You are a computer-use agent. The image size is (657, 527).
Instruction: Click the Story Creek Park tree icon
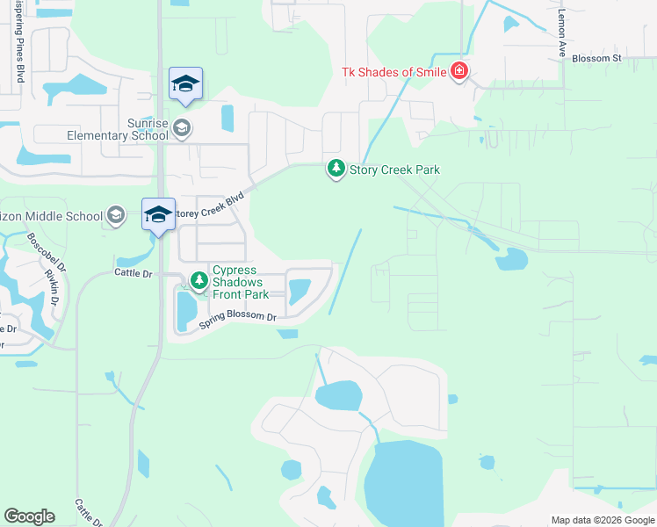[336, 169]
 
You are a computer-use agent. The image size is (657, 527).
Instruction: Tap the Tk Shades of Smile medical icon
[458, 71]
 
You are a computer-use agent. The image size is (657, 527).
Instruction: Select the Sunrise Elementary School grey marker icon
[182, 128]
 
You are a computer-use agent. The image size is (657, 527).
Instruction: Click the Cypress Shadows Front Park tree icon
[199, 281]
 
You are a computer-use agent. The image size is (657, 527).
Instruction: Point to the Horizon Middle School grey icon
[116, 215]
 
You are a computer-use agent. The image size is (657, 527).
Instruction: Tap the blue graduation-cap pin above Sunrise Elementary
[185, 84]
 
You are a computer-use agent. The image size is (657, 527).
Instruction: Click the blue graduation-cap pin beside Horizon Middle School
[158, 215]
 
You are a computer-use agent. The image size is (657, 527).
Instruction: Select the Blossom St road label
[596, 59]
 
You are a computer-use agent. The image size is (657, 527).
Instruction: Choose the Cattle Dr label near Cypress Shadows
[134, 274]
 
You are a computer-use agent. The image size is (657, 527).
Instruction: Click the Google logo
[29, 516]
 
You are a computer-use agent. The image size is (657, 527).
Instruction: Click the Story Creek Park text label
[394, 170]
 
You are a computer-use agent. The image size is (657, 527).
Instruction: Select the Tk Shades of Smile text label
[395, 71]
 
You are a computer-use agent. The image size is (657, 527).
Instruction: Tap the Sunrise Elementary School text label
[117, 128]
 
